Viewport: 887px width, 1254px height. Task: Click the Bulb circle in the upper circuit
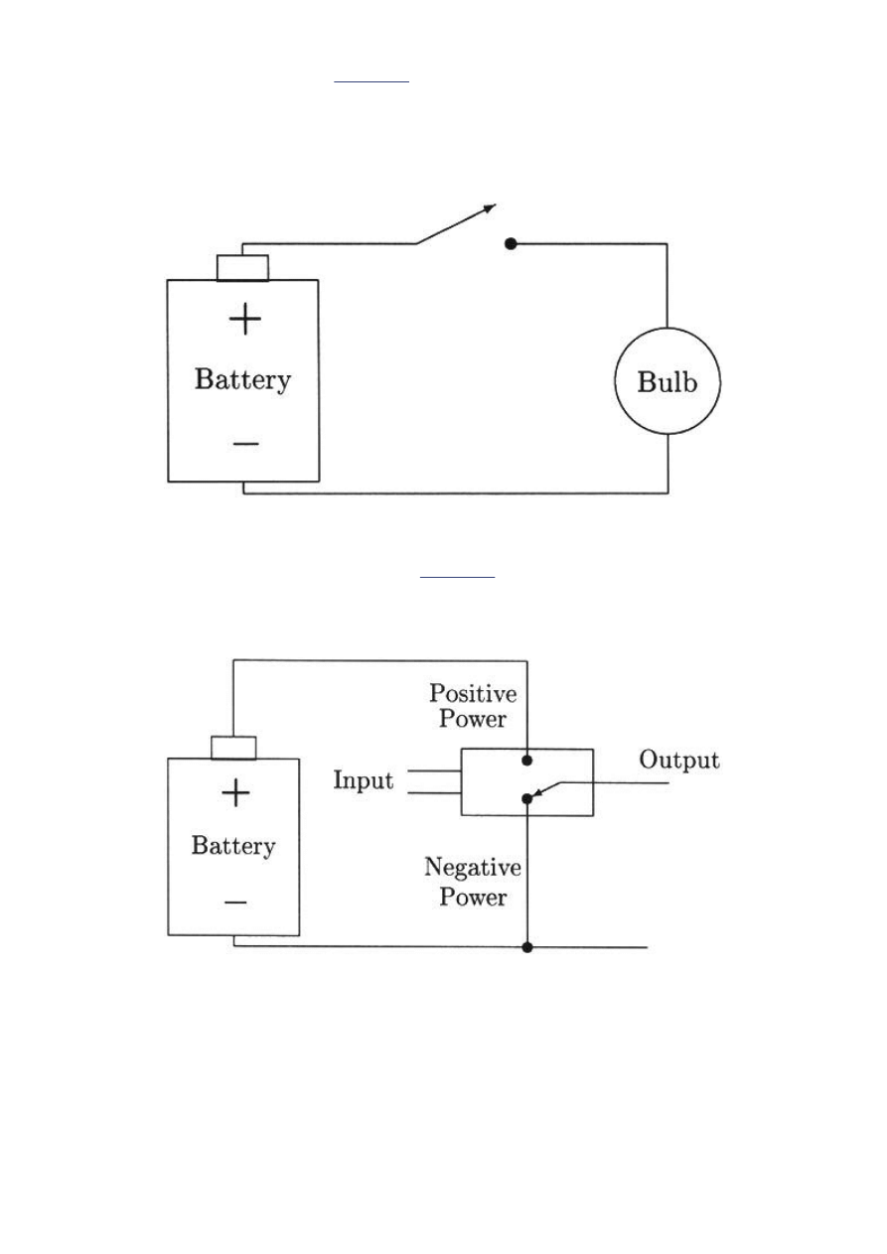click(666, 383)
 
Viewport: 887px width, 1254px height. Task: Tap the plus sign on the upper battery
click(244, 319)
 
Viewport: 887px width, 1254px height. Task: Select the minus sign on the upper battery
click(244, 443)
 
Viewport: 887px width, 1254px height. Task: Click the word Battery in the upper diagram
click(243, 380)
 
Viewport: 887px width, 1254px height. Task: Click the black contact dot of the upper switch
click(511, 243)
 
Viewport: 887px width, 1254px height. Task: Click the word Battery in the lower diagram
click(233, 846)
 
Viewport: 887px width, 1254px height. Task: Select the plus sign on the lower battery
click(234, 792)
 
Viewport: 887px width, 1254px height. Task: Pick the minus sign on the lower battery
click(234, 902)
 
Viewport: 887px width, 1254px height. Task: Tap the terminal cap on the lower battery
click(233, 748)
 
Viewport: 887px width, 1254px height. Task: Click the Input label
click(363, 780)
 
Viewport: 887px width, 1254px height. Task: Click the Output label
click(679, 761)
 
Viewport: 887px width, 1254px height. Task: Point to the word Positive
click(473, 692)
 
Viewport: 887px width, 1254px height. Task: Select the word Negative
click(473, 869)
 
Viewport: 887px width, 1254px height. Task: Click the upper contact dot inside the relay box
click(527, 761)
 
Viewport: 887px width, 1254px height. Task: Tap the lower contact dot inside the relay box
click(527, 798)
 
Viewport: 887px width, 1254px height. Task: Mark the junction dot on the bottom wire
click(527, 947)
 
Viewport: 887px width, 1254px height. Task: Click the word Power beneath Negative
click(474, 898)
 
